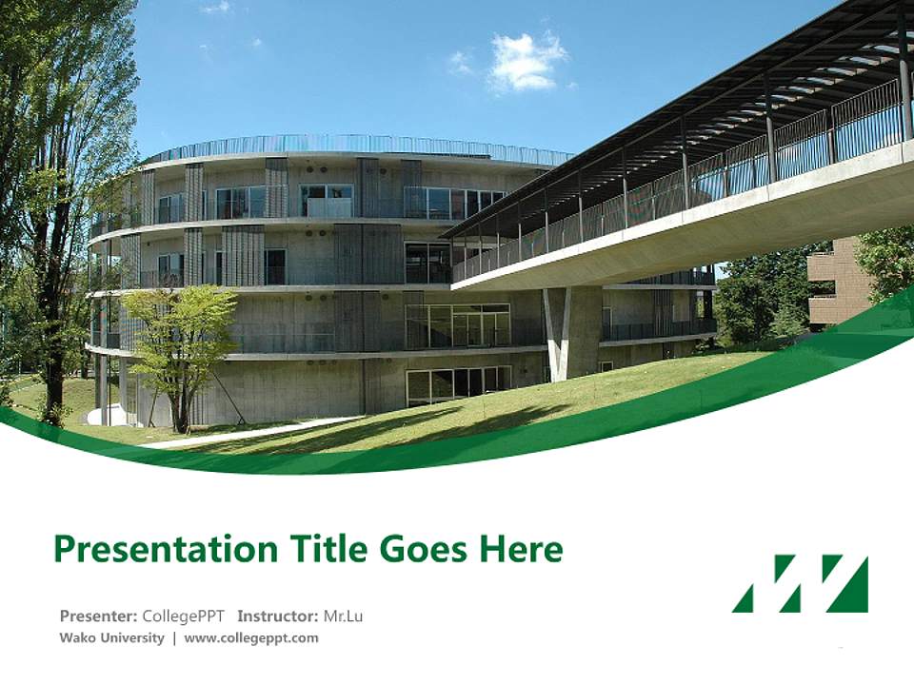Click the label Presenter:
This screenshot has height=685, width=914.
99,616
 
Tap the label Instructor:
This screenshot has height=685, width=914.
278,616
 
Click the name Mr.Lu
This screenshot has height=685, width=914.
344,616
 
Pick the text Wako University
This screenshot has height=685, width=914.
111,637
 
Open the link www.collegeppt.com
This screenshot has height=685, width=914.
251,637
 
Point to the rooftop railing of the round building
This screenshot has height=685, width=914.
352,145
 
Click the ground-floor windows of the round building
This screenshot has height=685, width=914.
457,382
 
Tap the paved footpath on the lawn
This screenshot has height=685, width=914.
248,433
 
